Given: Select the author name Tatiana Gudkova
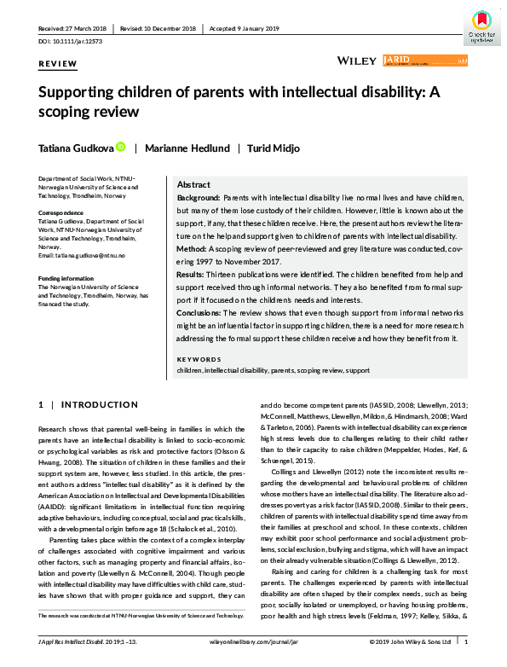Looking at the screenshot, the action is tap(72, 148).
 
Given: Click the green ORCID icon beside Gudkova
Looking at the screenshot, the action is tap(122, 148).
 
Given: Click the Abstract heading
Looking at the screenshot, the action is tap(193, 185).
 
